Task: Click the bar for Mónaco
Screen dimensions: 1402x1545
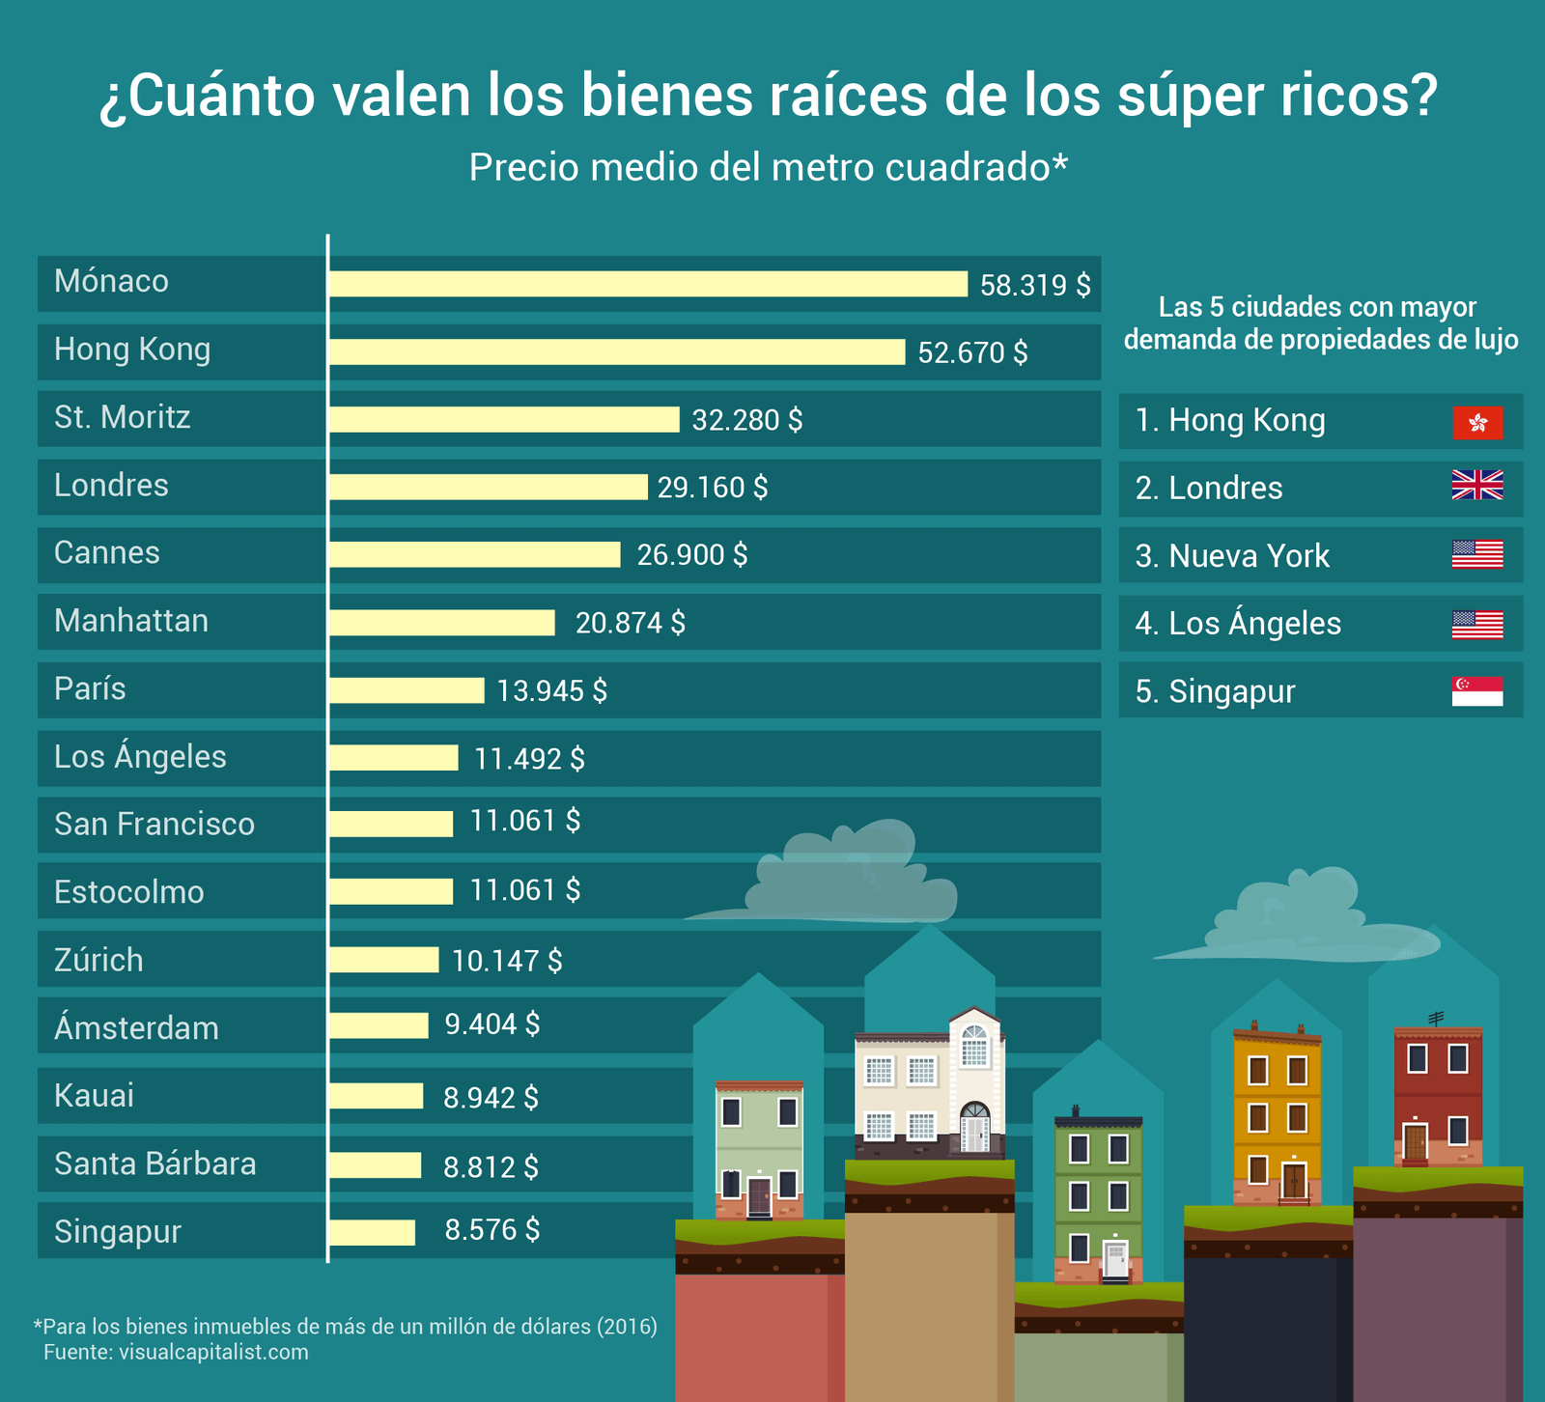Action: tap(647, 284)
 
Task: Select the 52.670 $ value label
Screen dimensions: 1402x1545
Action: tap(972, 352)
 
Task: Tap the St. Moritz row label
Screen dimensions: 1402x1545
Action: tap(123, 417)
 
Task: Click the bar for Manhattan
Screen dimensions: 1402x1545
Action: tap(442, 623)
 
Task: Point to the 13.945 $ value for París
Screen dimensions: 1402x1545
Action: tap(551, 690)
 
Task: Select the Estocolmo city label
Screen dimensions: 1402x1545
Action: tap(129, 891)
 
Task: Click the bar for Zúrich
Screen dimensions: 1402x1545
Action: tap(383, 960)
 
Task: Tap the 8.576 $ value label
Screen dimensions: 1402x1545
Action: tap(492, 1229)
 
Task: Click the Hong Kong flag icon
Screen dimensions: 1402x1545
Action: tap(1477, 423)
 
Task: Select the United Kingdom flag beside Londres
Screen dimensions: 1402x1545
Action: tap(1477, 486)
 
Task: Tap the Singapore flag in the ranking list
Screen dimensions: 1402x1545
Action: tap(1477, 691)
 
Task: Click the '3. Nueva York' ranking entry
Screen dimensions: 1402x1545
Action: tap(1232, 556)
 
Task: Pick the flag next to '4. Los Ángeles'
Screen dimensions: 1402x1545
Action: tap(1477, 625)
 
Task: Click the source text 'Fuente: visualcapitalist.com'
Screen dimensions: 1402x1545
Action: tap(176, 1352)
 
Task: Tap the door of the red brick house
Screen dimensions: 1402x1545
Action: tap(1415, 1142)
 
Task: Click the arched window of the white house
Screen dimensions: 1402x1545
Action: tap(975, 1045)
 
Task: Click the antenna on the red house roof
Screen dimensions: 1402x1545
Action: tap(1436, 1019)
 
